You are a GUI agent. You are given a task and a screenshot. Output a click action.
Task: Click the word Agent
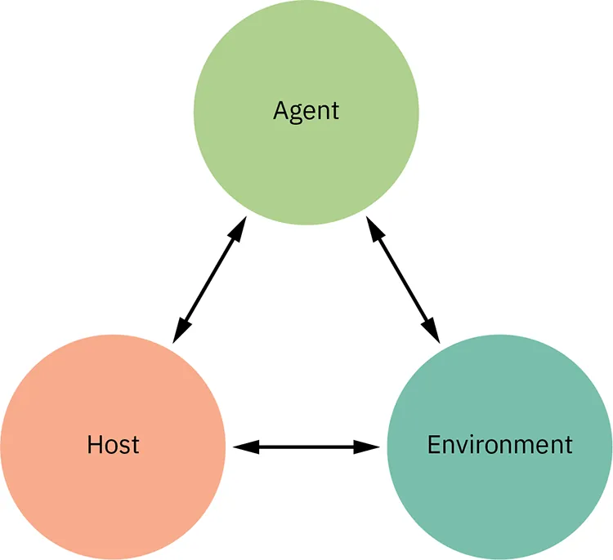[306, 110]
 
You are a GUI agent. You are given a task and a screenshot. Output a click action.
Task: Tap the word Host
[113, 445]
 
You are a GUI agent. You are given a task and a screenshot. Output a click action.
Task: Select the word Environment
[499, 445]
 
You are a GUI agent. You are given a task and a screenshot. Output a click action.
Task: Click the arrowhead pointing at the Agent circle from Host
[237, 229]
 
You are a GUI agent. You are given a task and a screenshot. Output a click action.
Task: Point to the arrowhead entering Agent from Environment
[374, 229]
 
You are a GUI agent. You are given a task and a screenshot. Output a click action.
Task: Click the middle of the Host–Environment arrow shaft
[306, 447]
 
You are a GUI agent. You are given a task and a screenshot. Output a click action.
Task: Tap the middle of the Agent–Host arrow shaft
[209, 279]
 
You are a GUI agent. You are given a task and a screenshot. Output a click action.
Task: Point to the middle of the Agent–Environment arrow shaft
[403, 279]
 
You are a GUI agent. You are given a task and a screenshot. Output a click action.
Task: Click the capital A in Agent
[280, 110]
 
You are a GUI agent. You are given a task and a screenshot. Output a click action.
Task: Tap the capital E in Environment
[434, 445]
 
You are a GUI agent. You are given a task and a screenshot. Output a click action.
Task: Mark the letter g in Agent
[296, 113]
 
